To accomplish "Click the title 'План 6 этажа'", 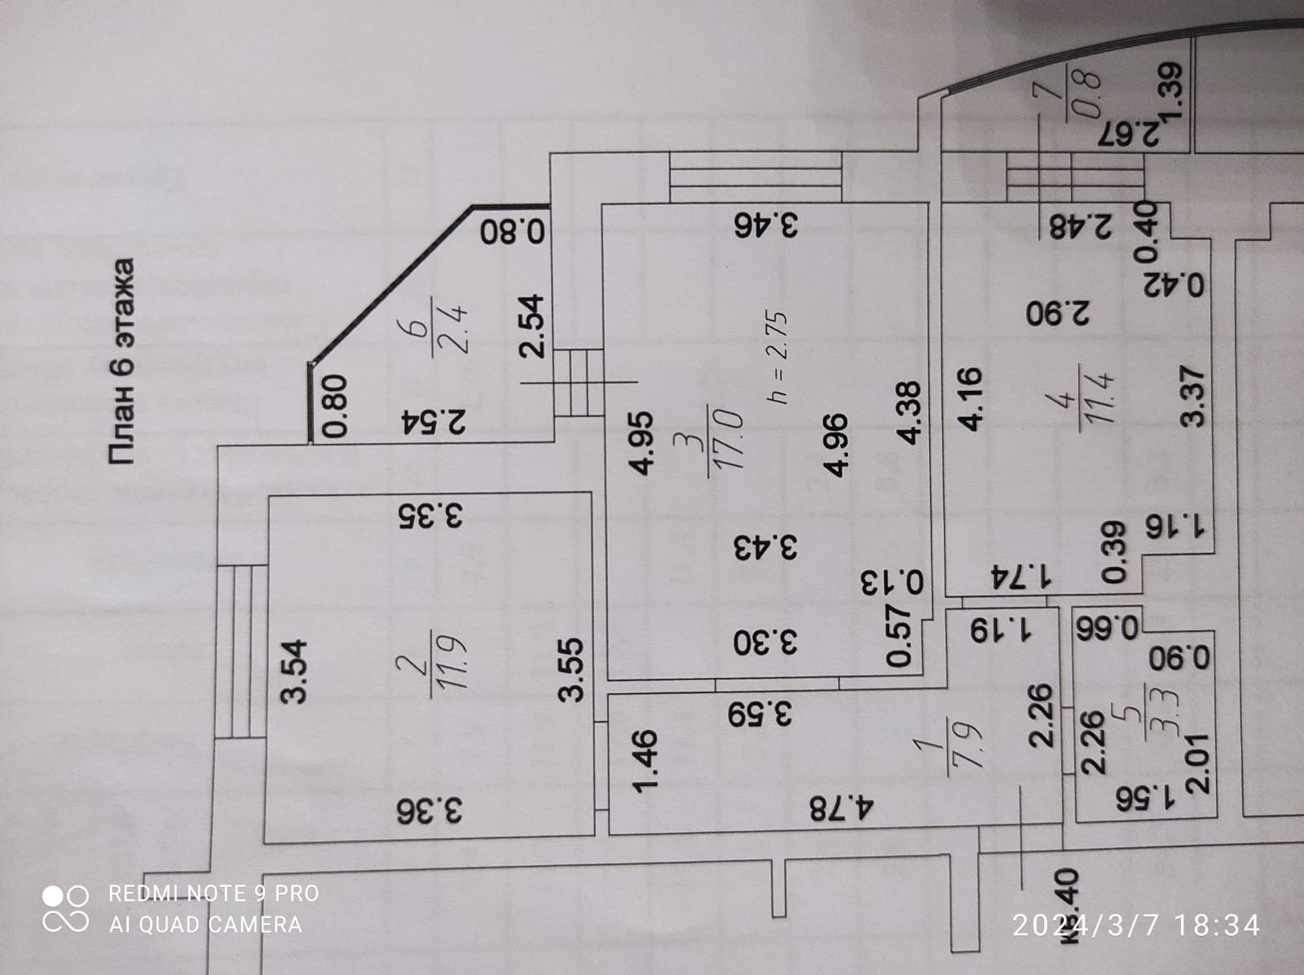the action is [x=121, y=362].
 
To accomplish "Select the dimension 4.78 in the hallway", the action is [x=842, y=810].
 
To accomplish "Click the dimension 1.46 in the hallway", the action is [x=645, y=761].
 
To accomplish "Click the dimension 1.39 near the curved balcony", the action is [x=1170, y=90].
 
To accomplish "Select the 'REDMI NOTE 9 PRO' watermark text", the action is [x=214, y=894].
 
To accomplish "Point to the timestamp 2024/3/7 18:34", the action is [x=1136, y=925].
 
